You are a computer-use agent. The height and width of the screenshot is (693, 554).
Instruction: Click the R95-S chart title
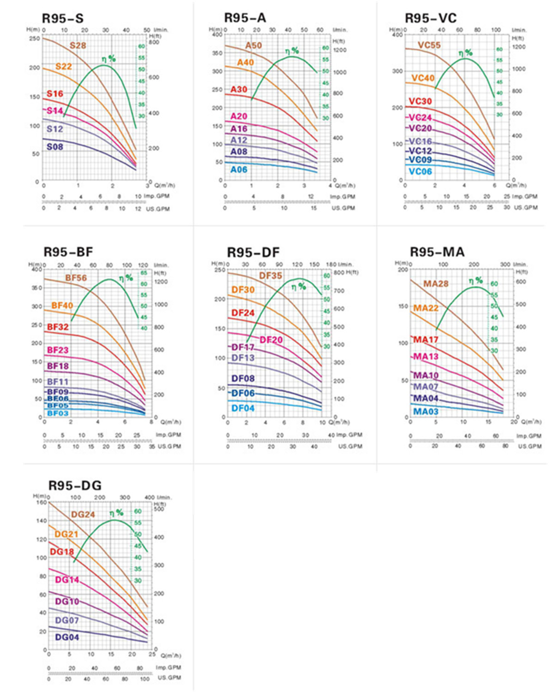(63, 18)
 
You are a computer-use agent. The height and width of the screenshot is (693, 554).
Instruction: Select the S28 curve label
(78, 45)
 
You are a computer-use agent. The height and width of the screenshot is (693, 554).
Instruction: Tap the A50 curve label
(253, 45)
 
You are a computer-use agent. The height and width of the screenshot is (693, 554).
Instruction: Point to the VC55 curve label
(429, 45)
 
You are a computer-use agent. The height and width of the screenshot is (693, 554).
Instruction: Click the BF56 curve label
(76, 278)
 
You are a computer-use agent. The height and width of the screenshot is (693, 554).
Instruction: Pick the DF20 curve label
(271, 340)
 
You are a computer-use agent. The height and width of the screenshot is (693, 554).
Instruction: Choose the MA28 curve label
(436, 284)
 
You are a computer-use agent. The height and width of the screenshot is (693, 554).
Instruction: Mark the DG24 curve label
(83, 515)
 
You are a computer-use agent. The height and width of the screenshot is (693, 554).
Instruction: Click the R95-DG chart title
(75, 486)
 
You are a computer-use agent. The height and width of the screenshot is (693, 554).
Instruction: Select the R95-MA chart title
(437, 252)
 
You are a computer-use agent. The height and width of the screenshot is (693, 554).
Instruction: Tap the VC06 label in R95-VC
(420, 171)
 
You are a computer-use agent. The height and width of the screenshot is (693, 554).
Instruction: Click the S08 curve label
(54, 147)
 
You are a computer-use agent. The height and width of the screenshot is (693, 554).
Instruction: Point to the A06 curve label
(239, 170)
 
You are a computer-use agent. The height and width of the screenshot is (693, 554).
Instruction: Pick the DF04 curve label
(243, 408)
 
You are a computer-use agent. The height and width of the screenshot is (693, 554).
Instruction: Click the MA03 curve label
(426, 411)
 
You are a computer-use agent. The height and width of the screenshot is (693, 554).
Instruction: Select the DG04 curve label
(67, 637)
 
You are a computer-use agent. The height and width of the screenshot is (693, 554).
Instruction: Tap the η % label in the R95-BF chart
(126, 278)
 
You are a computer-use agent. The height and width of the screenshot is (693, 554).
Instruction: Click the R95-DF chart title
(253, 253)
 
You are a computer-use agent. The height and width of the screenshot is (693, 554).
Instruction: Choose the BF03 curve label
(58, 413)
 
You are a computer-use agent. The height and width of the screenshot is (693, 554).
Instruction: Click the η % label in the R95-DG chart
(116, 513)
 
